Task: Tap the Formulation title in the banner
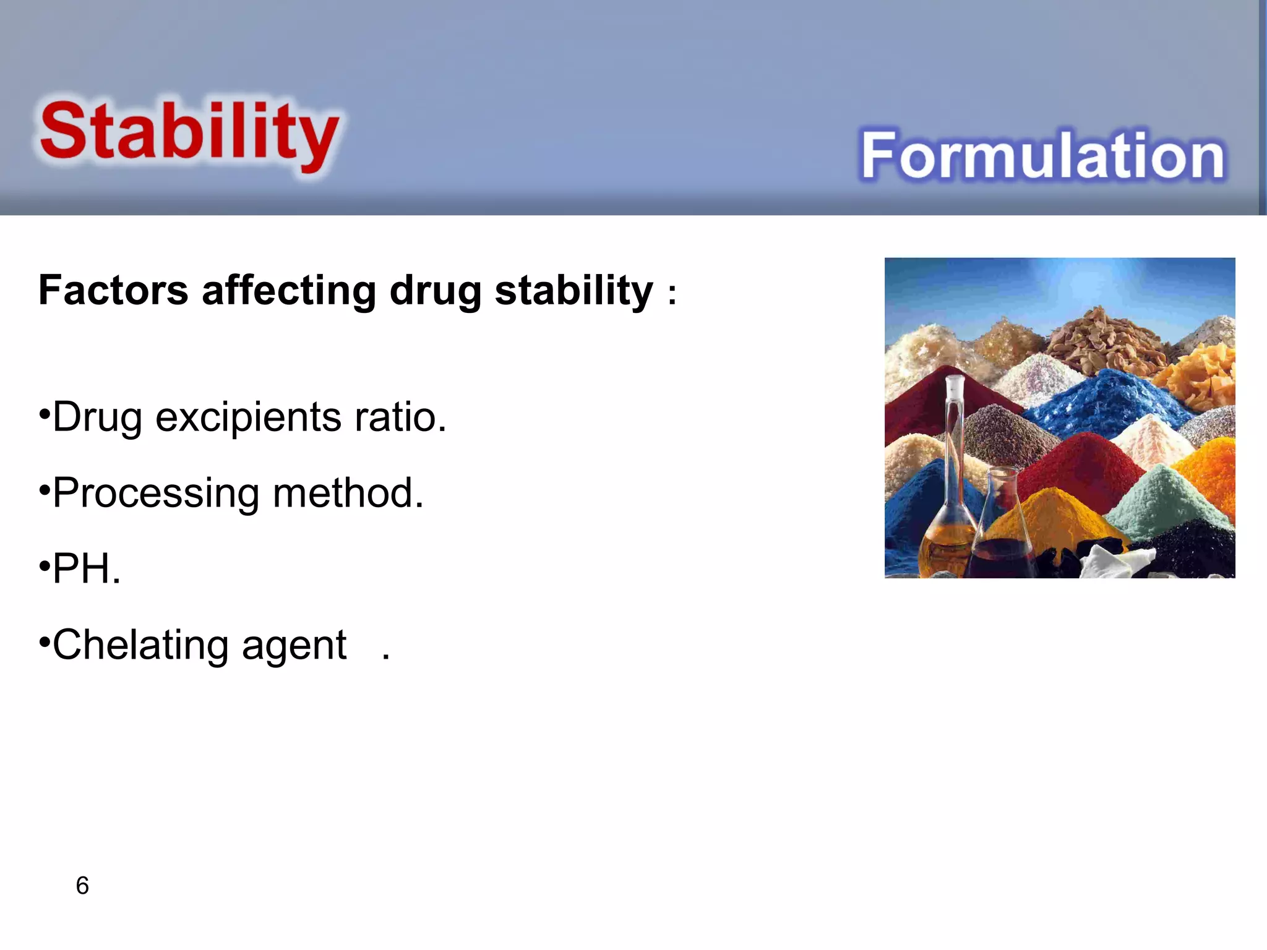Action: (x=1042, y=156)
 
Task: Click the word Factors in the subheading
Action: (x=113, y=290)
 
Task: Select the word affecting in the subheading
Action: (x=289, y=290)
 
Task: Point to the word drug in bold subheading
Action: (x=435, y=291)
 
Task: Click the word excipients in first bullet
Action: (x=247, y=418)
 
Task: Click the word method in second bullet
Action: (x=348, y=493)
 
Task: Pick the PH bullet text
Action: (x=86, y=568)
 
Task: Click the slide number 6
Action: (x=82, y=886)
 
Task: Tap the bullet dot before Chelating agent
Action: (x=43, y=643)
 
